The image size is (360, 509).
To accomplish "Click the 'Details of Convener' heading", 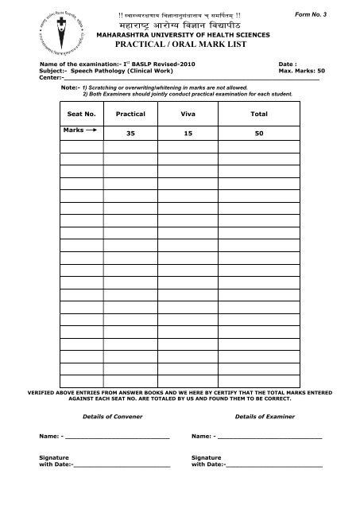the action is [105, 417].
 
